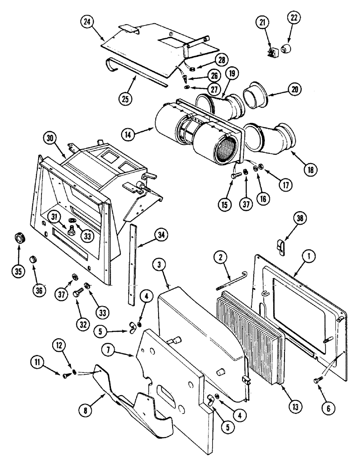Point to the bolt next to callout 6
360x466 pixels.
[x=317, y=380]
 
